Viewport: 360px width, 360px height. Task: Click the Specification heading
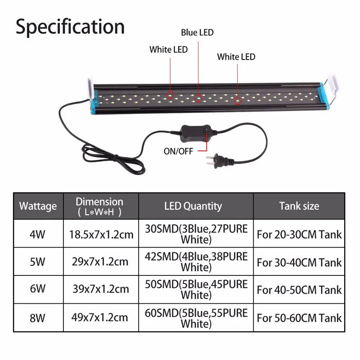click(70, 27)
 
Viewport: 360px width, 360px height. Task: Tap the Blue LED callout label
click(197, 32)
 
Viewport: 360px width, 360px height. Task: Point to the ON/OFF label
click(179, 151)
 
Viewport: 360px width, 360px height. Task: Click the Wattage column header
click(38, 206)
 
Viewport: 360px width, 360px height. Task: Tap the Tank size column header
click(299, 206)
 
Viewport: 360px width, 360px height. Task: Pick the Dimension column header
click(99, 206)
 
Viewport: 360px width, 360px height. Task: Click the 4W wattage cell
click(38, 234)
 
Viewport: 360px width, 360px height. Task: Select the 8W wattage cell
click(38, 317)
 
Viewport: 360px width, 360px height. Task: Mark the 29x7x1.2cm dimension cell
click(99, 262)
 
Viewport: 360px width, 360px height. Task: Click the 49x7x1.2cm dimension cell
click(99, 317)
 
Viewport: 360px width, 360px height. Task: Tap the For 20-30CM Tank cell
click(299, 234)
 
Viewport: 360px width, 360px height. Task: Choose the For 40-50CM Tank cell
click(299, 290)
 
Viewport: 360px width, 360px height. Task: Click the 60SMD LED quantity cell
click(196, 317)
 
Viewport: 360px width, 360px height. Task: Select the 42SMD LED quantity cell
click(196, 262)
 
